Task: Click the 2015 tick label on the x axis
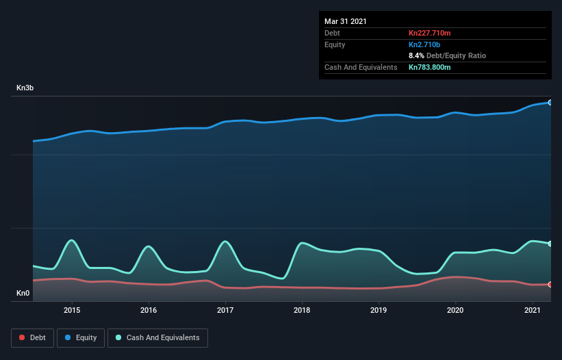point(72,310)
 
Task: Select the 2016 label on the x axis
point(149,310)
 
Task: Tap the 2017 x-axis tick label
point(225,310)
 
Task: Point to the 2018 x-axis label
point(302,310)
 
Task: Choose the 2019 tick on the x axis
point(379,310)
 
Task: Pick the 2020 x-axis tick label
point(455,310)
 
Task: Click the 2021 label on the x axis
point(532,310)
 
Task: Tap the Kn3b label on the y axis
point(25,88)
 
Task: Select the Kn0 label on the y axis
point(23,294)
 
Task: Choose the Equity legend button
point(81,337)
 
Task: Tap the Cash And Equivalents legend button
point(157,337)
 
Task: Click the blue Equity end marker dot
point(550,102)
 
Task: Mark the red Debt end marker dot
point(550,284)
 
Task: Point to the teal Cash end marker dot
point(550,244)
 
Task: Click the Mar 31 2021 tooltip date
point(346,21)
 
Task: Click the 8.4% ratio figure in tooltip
point(416,55)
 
